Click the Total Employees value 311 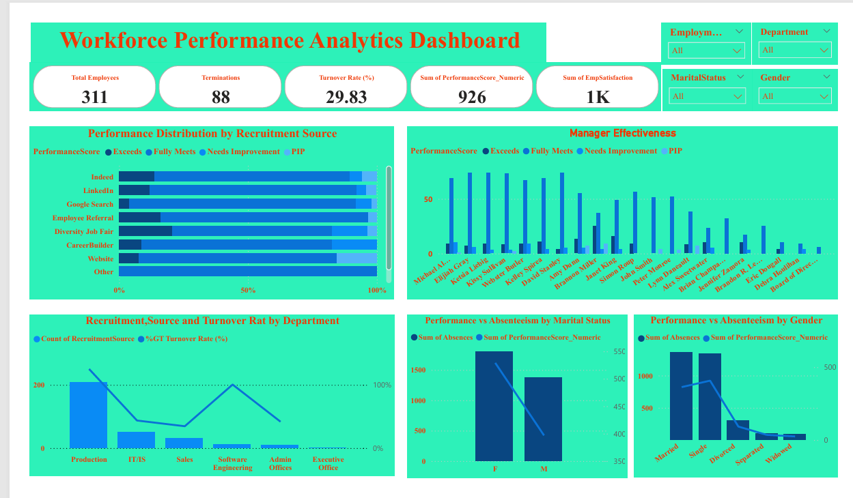[x=94, y=97]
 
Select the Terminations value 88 [x=221, y=97]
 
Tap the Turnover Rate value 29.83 [x=346, y=97]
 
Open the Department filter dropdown [x=796, y=50]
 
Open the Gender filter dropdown [x=796, y=96]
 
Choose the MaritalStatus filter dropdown [x=706, y=96]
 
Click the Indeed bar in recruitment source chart [x=248, y=177]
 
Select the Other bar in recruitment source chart [x=248, y=272]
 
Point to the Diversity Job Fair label [x=84, y=232]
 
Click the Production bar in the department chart [x=88, y=415]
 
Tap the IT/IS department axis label [x=137, y=460]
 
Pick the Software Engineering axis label [x=232, y=464]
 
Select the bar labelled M [x=543, y=419]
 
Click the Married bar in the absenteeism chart [x=681, y=396]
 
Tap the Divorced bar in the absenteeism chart [x=738, y=430]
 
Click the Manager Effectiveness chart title [x=622, y=134]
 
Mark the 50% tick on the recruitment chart [x=248, y=291]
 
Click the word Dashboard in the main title [x=464, y=40]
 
